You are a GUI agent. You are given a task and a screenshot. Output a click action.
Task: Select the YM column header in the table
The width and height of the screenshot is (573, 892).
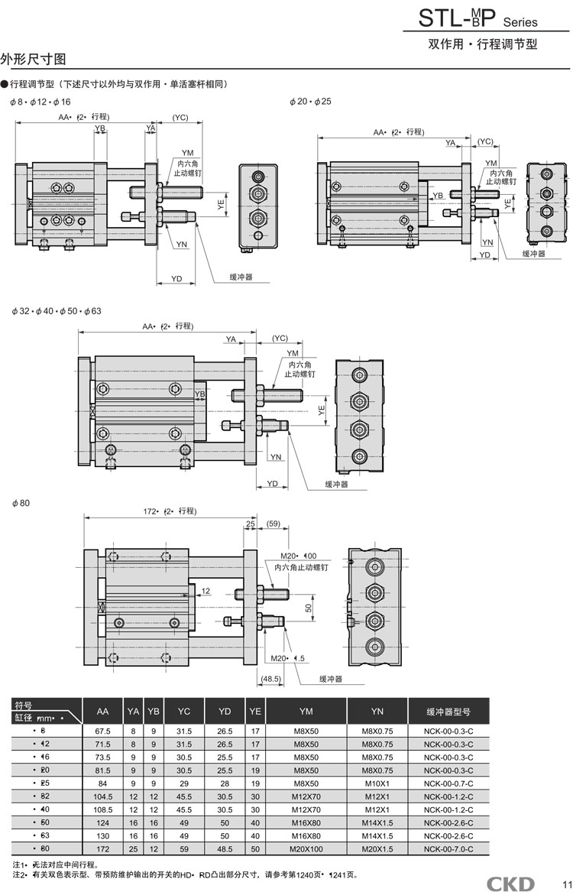point(306,712)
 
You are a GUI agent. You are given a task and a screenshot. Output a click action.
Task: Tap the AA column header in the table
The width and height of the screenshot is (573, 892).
point(103,712)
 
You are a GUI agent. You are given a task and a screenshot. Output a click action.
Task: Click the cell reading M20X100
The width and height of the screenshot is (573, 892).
point(306,849)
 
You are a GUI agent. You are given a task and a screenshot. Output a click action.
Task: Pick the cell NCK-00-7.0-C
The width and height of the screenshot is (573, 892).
point(448,849)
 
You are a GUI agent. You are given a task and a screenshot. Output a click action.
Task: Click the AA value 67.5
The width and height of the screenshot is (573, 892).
point(103,731)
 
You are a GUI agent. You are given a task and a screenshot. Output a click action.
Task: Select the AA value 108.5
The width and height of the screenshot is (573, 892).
point(103,809)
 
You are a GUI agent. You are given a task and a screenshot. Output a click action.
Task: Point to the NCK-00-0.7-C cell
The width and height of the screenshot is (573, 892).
point(448,783)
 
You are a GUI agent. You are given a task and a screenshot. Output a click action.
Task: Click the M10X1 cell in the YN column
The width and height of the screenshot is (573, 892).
point(377,783)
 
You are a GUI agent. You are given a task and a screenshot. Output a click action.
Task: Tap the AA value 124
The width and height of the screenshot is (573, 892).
point(103,822)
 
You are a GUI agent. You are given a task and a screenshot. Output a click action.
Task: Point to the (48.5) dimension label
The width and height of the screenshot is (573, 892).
point(271,678)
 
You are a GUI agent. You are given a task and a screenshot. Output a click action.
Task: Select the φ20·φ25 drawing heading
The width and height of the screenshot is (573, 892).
point(310,102)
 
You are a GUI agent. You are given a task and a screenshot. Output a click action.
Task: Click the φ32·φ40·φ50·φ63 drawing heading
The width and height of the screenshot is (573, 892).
point(57,311)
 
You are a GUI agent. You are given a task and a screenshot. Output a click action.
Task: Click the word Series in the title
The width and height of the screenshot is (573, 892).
point(520,23)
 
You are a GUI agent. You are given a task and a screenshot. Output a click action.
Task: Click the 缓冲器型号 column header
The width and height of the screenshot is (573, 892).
point(448,712)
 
